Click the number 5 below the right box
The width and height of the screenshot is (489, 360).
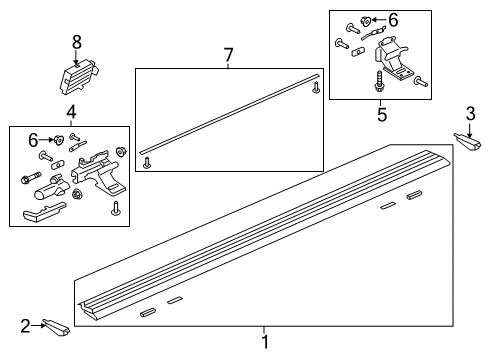tap(381, 114)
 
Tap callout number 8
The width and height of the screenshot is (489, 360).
tap(76, 42)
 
